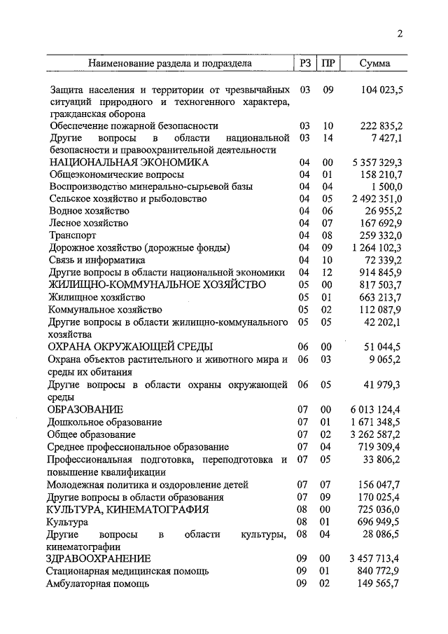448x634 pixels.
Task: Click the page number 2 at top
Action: tap(399, 35)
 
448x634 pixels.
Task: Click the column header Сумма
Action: tap(374, 63)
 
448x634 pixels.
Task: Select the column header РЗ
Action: tap(304, 63)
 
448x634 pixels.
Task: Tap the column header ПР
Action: tap(327, 63)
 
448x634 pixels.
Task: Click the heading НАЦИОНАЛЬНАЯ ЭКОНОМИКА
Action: tap(128, 162)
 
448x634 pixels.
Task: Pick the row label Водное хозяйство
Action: tap(89, 211)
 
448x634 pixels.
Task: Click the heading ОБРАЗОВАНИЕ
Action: tap(85, 409)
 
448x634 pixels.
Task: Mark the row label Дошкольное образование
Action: tap(104, 422)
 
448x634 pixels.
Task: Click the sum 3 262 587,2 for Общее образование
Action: tap(377, 434)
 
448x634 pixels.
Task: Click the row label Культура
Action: tap(67, 522)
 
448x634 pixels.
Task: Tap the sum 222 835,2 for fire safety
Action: tap(381, 125)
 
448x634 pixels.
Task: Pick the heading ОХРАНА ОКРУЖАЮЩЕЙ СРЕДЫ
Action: tap(129, 346)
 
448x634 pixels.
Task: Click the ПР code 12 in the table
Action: tap(327, 272)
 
